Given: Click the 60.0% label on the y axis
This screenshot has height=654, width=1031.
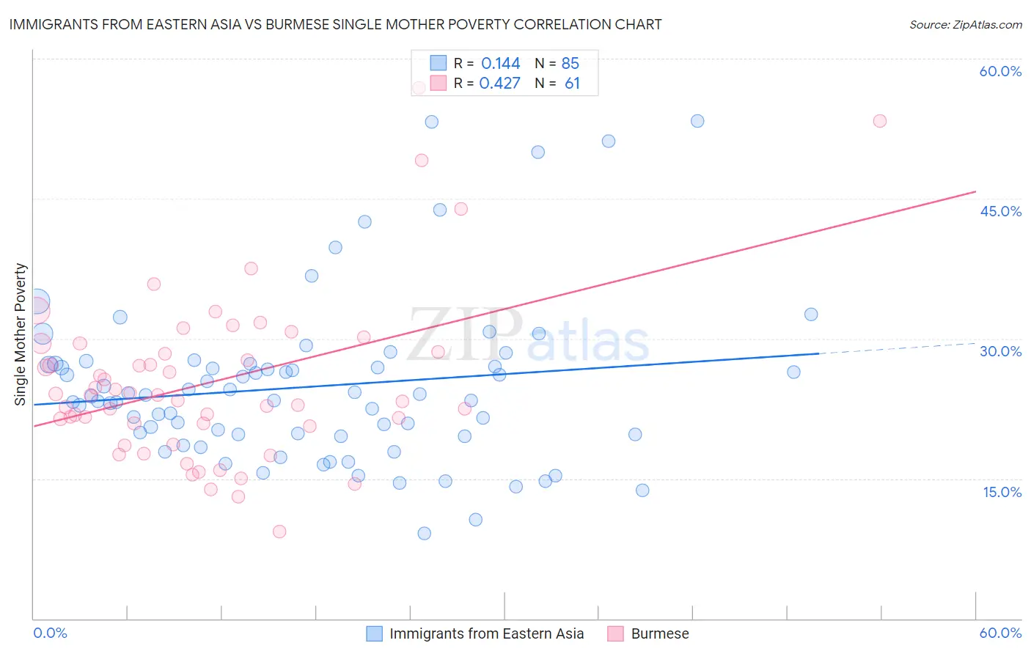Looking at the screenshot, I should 1000,71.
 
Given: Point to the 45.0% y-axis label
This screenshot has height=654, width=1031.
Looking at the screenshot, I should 1000,211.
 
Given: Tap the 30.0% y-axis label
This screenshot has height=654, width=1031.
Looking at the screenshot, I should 1000,351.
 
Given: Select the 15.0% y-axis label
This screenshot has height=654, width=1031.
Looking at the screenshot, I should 1002,492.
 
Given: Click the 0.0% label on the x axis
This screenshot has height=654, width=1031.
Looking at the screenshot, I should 50,633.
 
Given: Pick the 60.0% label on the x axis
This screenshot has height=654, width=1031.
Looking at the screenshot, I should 1000,633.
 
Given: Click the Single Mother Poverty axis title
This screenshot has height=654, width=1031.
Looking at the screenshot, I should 21,334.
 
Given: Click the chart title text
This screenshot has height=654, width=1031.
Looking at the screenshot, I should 335,25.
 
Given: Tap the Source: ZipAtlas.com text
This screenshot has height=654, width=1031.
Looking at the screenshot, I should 965,25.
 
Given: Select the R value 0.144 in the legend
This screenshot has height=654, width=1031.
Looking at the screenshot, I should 500,64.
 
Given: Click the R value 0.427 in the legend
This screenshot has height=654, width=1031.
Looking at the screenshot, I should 499,84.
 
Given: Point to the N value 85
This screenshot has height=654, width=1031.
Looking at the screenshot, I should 570,64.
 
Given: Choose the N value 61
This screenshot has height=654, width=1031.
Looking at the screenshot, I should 572,84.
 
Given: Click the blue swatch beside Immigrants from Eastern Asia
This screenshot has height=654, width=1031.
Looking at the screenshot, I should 375,633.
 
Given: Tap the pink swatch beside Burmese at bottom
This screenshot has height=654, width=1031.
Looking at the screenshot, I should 616,633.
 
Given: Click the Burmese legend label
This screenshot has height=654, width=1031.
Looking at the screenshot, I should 660,633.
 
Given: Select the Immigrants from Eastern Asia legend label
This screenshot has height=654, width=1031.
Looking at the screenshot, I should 486,633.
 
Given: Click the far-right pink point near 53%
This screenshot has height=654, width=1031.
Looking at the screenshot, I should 879,121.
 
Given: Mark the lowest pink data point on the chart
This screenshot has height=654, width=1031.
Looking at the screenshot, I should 279,532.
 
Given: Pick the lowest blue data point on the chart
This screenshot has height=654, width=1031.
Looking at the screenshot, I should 424,533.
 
